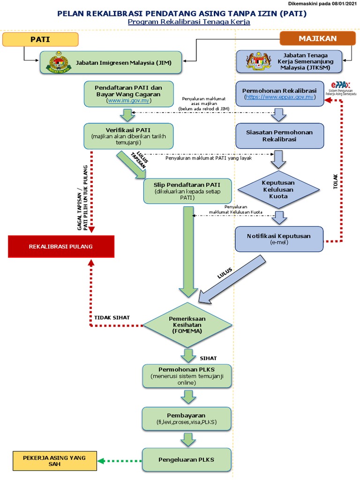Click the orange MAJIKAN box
point(318,38)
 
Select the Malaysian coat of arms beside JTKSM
point(259,61)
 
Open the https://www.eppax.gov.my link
point(279,97)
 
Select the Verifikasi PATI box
point(128,136)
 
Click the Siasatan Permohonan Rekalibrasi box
point(279,136)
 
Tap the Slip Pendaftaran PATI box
point(187,190)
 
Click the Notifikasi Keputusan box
point(279,239)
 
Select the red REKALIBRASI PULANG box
point(61,247)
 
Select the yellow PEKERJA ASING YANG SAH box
point(54,460)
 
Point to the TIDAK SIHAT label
point(112,317)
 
